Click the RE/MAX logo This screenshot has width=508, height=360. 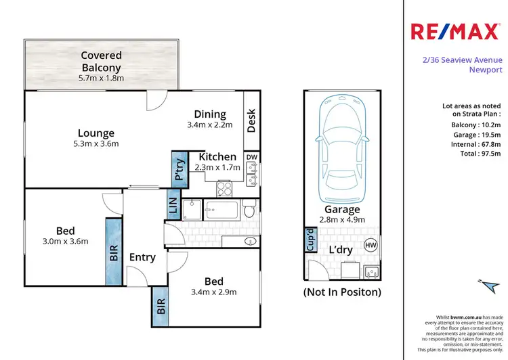(457, 31)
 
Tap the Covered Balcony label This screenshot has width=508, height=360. (101, 61)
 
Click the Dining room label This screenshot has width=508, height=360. (210, 114)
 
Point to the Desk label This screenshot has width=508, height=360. (251, 120)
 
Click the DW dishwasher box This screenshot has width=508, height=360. (251, 158)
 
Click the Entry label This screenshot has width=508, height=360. (142, 257)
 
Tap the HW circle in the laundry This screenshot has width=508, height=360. (371, 245)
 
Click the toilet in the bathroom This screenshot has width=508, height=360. (250, 212)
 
